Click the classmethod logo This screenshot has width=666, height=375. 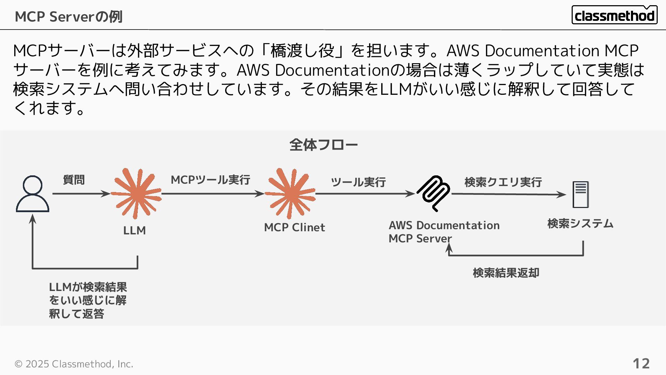[614, 15]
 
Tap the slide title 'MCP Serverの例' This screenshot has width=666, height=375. [68, 17]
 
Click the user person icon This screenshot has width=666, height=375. [33, 194]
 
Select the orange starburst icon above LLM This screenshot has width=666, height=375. [136, 194]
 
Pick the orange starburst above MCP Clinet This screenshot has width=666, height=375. [290, 194]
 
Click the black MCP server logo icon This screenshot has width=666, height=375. [434, 193]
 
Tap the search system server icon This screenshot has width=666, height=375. [580, 194]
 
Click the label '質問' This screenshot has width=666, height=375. [74, 180]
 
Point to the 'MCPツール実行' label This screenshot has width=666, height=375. [210, 180]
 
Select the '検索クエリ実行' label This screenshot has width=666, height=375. [503, 182]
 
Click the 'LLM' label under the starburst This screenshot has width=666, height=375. [134, 231]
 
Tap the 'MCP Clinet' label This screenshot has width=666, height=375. [294, 227]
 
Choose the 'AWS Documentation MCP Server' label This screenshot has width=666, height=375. [444, 232]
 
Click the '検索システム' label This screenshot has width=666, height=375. [580, 224]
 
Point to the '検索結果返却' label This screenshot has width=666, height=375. [506, 273]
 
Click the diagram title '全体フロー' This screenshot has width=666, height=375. [323, 145]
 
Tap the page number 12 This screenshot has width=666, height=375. [641, 364]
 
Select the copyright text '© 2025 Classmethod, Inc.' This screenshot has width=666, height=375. [74, 364]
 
